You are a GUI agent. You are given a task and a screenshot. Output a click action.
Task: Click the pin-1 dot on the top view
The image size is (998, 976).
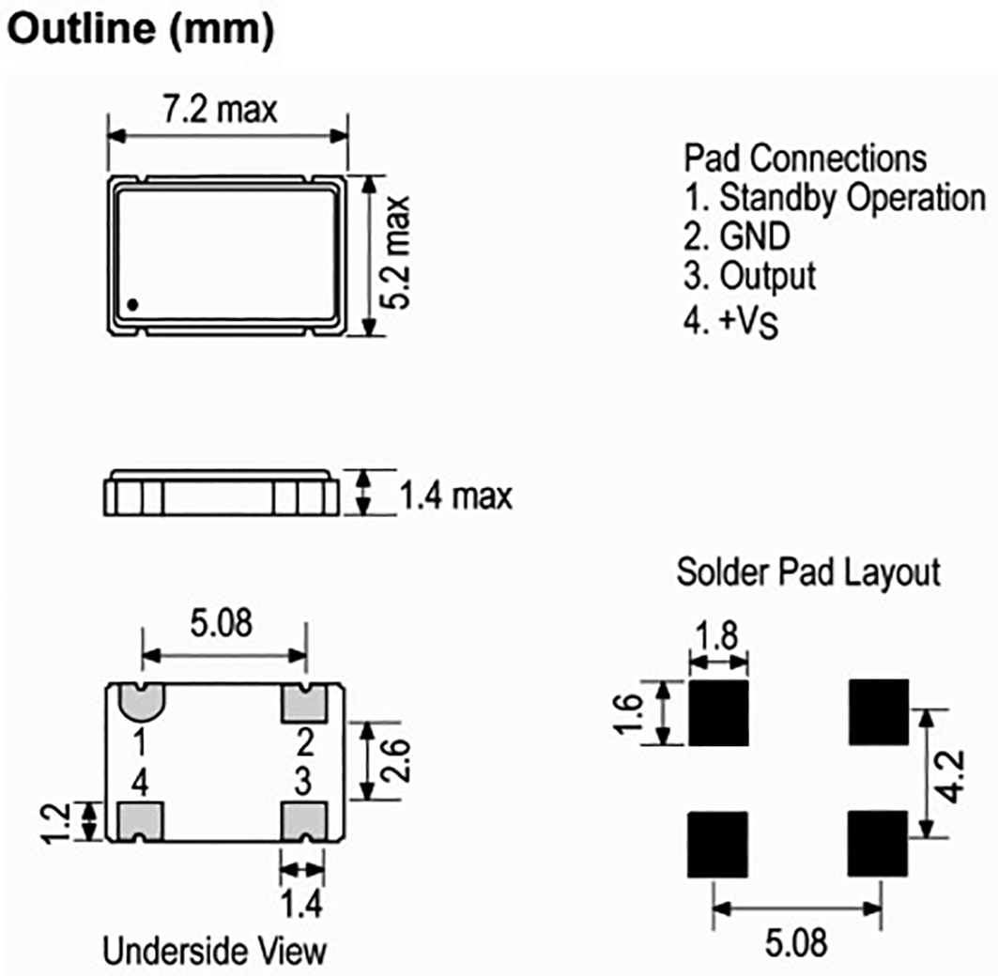[133, 303]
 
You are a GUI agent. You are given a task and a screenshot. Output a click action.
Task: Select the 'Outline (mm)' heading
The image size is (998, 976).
[141, 31]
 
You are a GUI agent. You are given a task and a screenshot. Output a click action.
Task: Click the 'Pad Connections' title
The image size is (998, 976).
[805, 157]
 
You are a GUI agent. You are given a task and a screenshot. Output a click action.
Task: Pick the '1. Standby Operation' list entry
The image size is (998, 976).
[835, 197]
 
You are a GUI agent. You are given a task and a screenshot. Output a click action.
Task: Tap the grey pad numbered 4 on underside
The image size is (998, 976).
[141, 821]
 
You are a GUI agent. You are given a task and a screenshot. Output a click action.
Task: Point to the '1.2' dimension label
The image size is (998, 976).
[57, 823]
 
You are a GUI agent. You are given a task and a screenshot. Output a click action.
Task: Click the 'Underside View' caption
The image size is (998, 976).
[215, 951]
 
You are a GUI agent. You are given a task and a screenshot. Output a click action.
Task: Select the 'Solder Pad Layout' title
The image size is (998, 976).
[808, 572]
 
